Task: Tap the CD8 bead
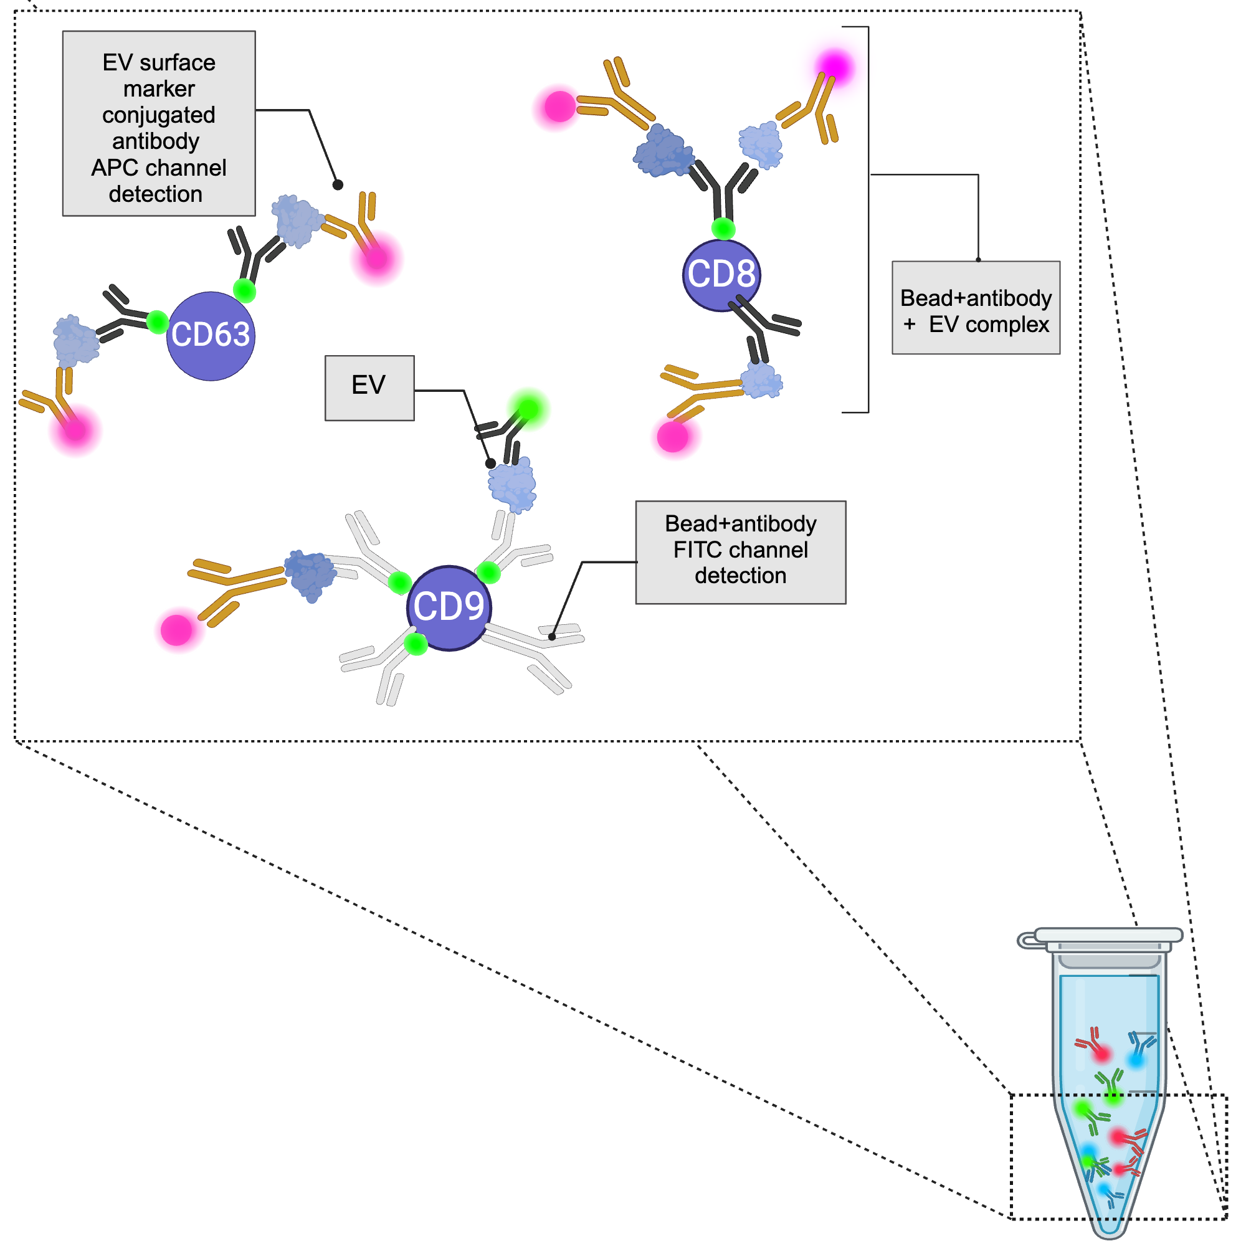[x=721, y=275]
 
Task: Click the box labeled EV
[x=369, y=388]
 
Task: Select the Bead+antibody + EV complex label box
[x=975, y=308]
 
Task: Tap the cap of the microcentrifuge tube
[x=1108, y=934]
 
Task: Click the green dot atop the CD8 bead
[x=723, y=228]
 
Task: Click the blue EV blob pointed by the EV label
[x=512, y=484]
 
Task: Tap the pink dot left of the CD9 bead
[x=176, y=629]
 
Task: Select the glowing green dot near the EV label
[x=528, y=408]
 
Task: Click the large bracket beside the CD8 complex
[x=867, y=219]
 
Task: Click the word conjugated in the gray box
[x=159, y=115]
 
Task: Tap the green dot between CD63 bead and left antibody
[x=158, y=321]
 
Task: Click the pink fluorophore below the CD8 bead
[x=672, y=437]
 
